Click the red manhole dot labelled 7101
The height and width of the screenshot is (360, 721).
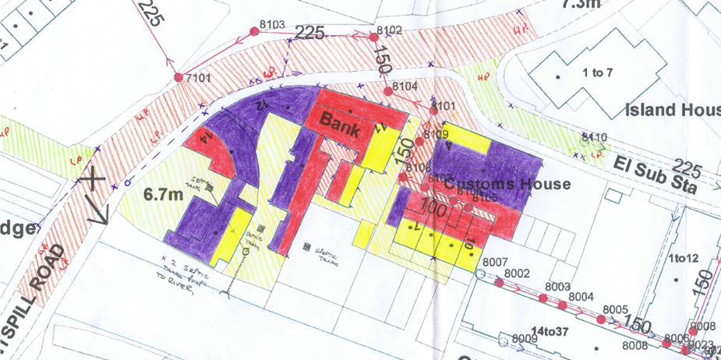[x=178, y=78]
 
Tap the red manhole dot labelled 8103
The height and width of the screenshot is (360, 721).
[x=253, y=31]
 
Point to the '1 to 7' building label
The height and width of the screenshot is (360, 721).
[x=598, y=73]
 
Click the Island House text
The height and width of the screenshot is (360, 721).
[x=672, y=111]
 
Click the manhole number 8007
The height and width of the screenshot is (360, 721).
[x=496, y=263]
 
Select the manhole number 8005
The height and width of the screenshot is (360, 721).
[x=615, y=310]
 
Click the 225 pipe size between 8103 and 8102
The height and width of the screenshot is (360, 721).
[x=309, y=33]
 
